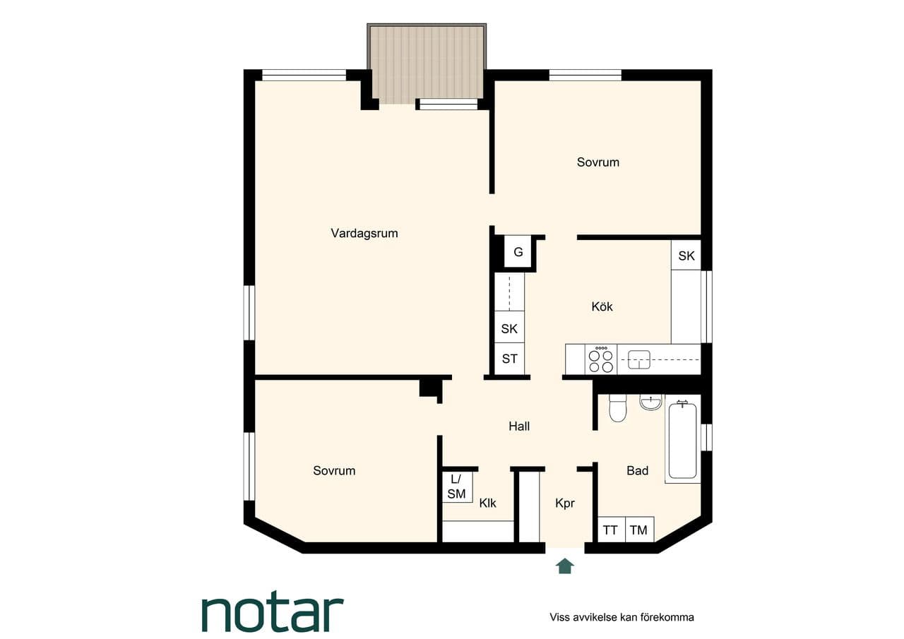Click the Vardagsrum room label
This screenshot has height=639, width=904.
click(364, 233)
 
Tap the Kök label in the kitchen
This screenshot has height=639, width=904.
click(602, 306)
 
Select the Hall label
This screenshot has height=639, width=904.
click(519, 426)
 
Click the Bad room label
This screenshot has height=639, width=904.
click(637, 470)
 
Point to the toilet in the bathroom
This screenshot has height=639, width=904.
click(617, 408)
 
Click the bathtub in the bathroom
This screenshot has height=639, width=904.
click(682, 441)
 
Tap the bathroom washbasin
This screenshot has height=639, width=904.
click(650, 402)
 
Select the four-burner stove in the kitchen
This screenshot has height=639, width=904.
click(601, 359)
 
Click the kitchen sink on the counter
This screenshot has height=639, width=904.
click(639, 359)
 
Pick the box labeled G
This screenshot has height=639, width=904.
click(518, 252)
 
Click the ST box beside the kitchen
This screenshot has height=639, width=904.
click(509, 359)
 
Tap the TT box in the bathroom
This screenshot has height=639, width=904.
click(611, 530)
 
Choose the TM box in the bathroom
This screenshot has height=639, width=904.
click(639, 530)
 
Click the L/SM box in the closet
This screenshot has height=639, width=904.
click(457, 487)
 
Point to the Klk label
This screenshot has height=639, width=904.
click(487, 503)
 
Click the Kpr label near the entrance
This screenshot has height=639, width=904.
click(564, 503)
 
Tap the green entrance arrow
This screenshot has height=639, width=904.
click(564, 566)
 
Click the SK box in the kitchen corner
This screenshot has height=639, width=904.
click(686, 256)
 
